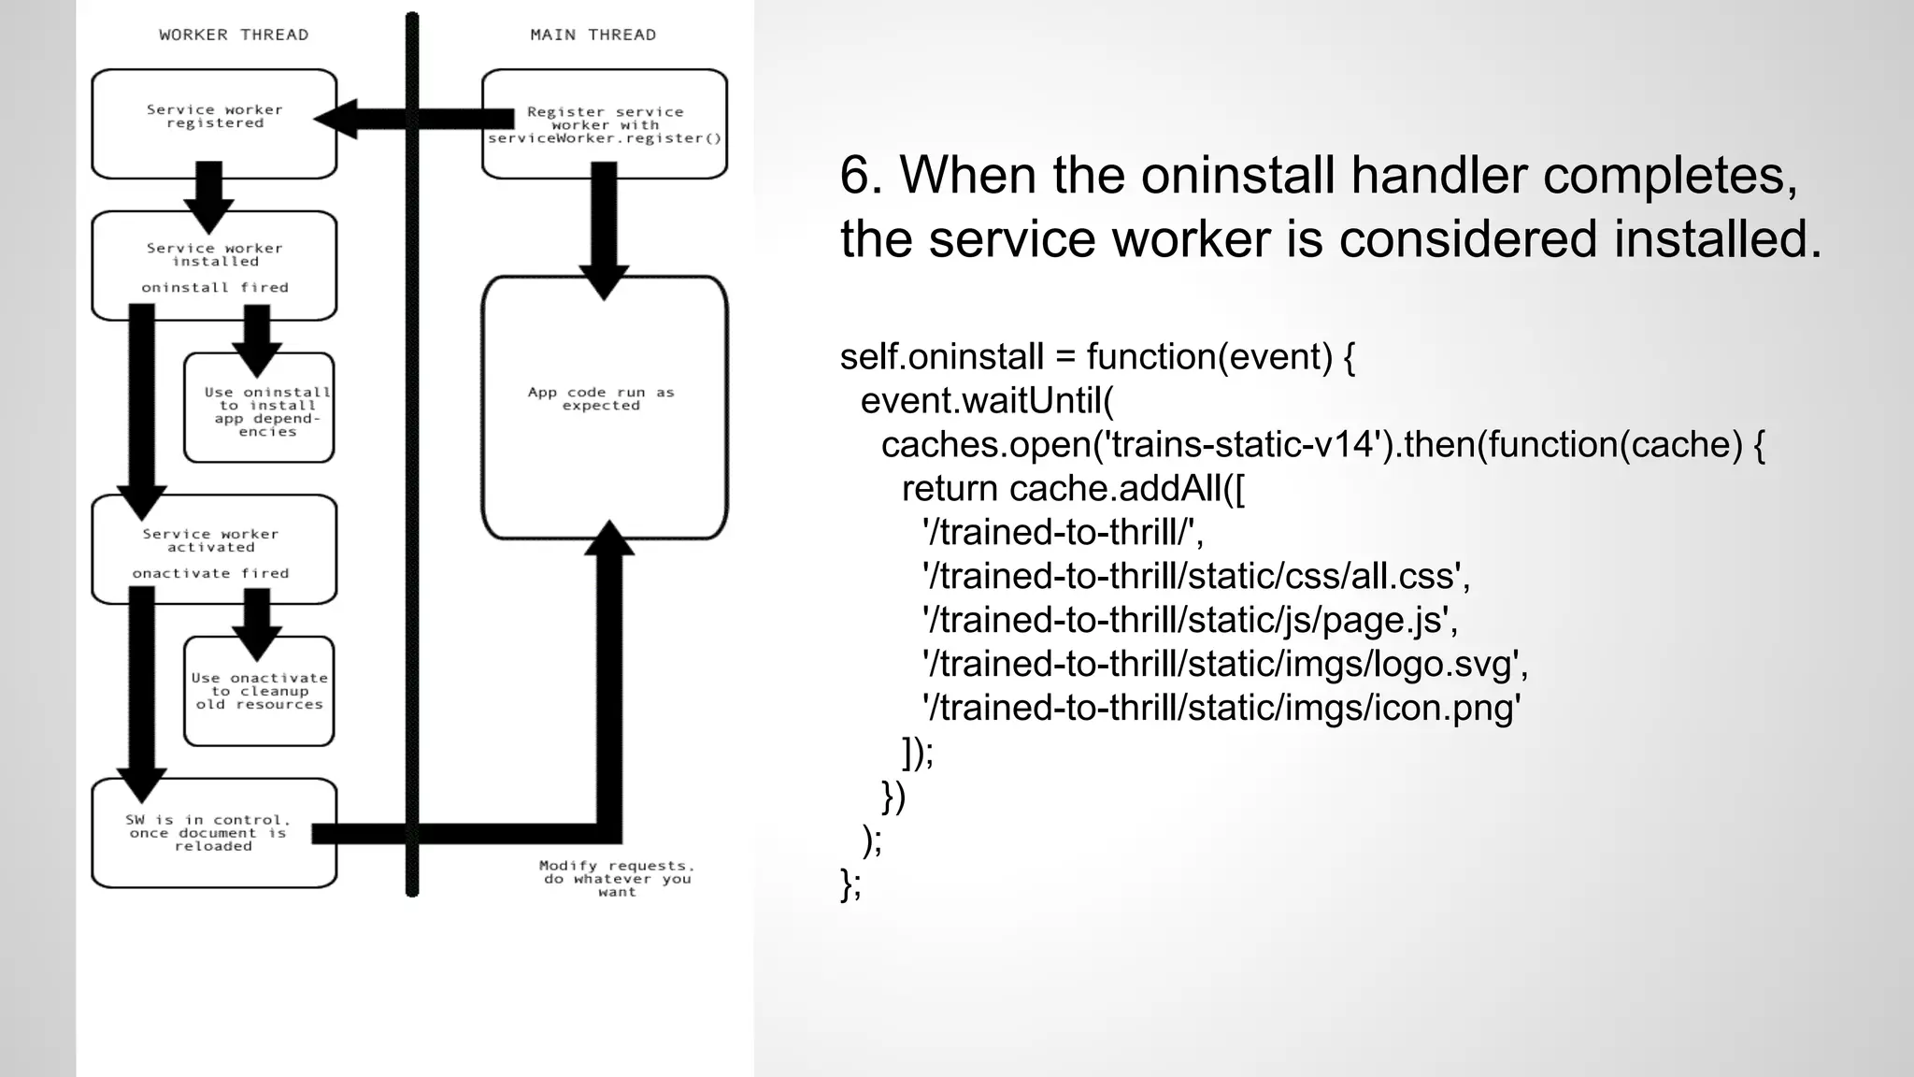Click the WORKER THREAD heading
pos(233,35)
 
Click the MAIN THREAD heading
pos(593,35)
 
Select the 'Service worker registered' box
pos(214,122)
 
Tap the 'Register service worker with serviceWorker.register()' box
pos(605,124)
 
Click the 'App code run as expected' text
pos(601,399)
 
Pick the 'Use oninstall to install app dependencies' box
pos(259,409)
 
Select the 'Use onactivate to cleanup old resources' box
pos(259,692)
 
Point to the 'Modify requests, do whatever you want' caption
pos(617,879)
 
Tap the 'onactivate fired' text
pos(210,573)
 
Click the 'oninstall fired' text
pos(214,287)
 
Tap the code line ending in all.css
pos(1196,576)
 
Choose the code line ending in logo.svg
pos(1224,664)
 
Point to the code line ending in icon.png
pos(1221,708)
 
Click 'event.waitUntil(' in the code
pos(987,400)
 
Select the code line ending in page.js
pos(1190,620)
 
